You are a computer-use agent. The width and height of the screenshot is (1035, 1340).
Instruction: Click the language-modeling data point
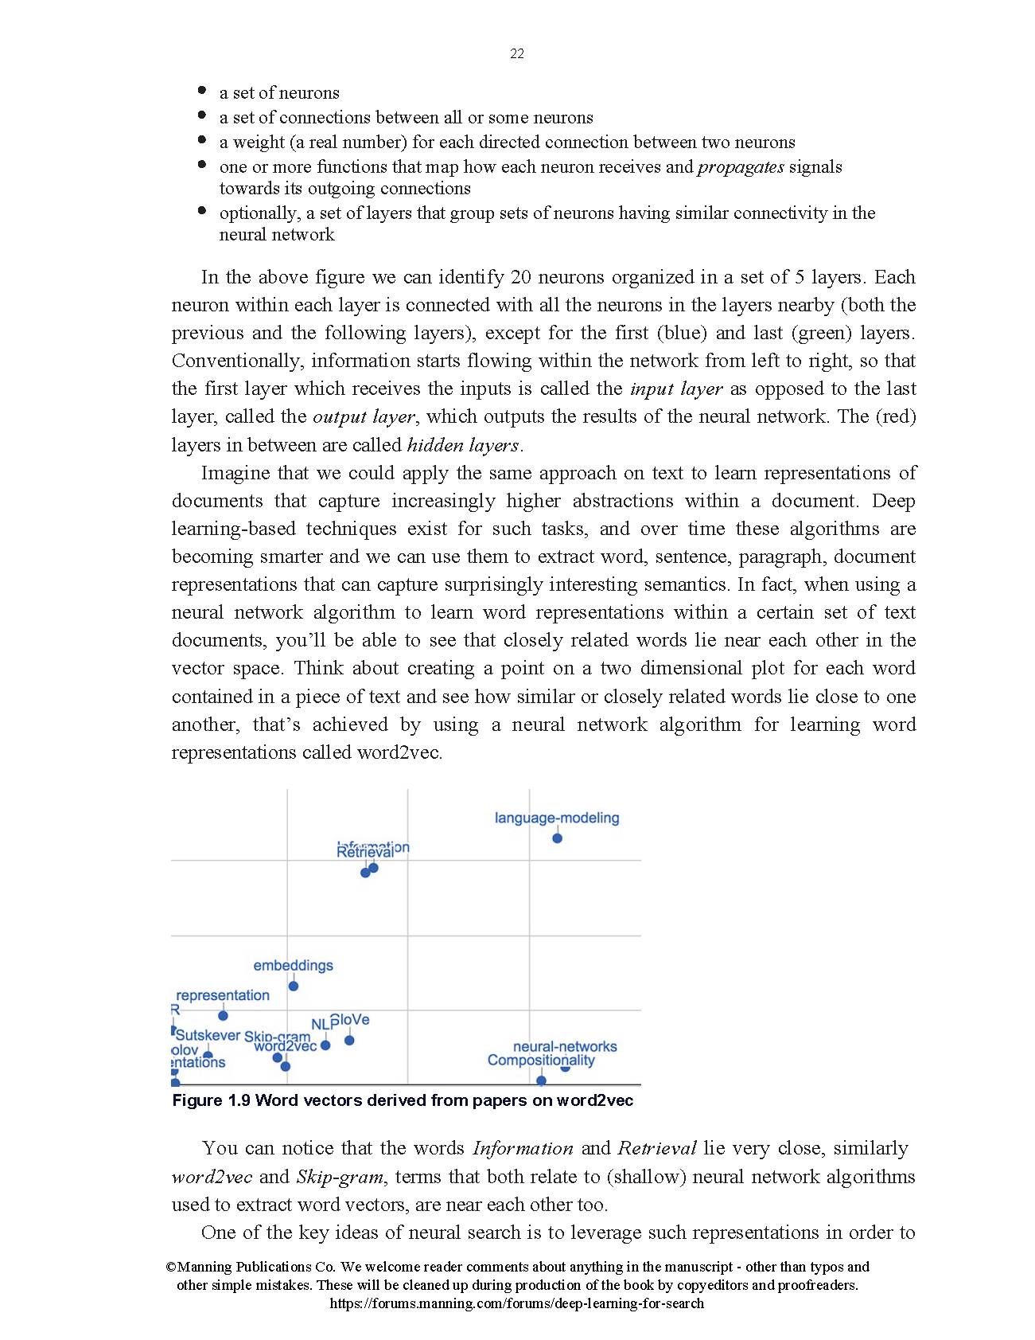pos(557,838)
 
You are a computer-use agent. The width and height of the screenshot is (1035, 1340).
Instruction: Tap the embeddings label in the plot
pos(293,966)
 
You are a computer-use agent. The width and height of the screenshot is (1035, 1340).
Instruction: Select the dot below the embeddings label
pos(293,986)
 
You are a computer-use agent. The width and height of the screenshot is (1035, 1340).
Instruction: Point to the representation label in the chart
pos(223,995)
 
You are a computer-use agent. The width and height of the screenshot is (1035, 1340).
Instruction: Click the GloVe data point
pos(349,1040)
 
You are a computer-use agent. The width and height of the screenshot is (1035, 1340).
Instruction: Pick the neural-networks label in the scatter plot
pos(565,1046)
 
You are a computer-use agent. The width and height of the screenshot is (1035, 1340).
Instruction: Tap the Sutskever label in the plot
pos(208,1035)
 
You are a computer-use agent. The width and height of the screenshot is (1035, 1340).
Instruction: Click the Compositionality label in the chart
pos(541,1061)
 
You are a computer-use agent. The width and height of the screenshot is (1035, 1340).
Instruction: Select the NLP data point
pos(325,1045)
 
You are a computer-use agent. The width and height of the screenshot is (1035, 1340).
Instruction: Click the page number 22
pos(517,54)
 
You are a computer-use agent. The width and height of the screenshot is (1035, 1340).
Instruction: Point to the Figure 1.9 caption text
pos(403,1100)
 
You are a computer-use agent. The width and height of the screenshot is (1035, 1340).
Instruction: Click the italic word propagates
pos(741,167)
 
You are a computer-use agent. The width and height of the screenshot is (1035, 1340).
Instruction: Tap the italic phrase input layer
pos(675,389)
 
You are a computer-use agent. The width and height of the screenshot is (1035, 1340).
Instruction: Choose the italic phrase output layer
pos(364,417)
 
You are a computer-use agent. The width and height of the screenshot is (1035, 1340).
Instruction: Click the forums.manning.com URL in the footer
pos(516,1303)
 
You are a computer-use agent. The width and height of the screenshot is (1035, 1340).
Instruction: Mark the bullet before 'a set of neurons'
pos(202,92)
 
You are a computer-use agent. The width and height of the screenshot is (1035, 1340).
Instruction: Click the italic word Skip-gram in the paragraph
pos(340,1177)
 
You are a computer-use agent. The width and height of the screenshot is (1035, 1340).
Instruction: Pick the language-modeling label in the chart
pos(557,818)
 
